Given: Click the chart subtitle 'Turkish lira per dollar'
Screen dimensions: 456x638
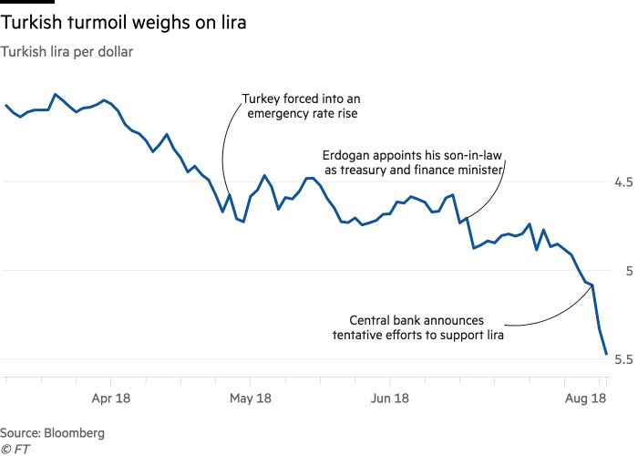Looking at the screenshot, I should [x=67, y=52].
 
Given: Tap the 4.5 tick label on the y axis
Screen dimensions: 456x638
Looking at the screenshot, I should [x=623, y=182].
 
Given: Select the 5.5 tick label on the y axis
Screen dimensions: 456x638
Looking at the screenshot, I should [x=623, y=359].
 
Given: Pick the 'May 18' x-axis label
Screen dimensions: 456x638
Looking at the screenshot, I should [x=251, y=398].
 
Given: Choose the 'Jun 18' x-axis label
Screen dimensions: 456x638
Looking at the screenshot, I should [x=390, y=398].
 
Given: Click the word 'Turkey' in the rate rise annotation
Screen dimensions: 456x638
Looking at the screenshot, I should [x=262, y=99].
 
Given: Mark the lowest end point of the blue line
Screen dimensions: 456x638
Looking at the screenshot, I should [x=606, y=355].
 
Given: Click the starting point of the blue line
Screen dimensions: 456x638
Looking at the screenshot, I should [x=5, y=104].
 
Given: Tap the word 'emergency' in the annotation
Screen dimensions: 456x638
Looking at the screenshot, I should [x=272, y=115].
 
